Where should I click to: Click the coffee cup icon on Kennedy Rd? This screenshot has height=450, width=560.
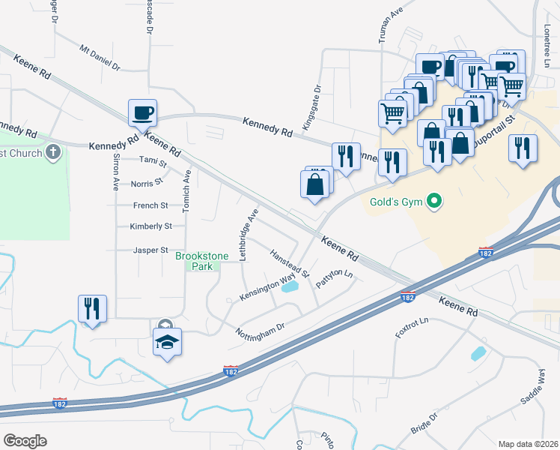[x=142, y=113]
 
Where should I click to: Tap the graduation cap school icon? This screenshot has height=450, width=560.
[x=168, y=343]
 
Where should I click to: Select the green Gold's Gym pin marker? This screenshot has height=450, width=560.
[x=432, y=202]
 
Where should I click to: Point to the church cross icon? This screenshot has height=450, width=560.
[x=52, y=153]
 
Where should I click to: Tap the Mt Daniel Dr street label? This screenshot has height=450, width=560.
[x=100, y=57]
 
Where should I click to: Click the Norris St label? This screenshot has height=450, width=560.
[x=146, y=182]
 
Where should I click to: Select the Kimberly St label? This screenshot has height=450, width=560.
[x=150, y=226]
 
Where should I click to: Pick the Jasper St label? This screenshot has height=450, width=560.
[x=148, y=250]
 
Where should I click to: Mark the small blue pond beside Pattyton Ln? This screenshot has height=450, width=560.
[x=291, y=286]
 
